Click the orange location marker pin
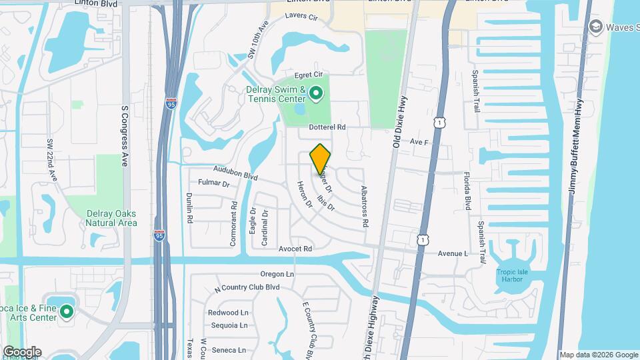pyautogui.click(x=320, y=159)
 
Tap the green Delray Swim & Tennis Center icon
pyautogui.click(x=317, y=95)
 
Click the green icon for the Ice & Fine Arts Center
pyautogui.click(x=66, y=311)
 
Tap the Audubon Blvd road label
pyautogui.click(x=235, y=173)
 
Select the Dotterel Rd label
pyautogui.click(x=327, y=127)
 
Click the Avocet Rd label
pyautogui.click(x=296, y=249)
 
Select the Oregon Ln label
pyautogui.click(x=277, y=274)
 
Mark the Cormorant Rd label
pyautogui.click(x=233, y=224)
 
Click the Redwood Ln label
pyautogui.click(x=227, y=313)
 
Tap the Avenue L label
pyautogui.click(x=453, y=254)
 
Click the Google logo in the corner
pyautogui.click(x=22, y=351)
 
